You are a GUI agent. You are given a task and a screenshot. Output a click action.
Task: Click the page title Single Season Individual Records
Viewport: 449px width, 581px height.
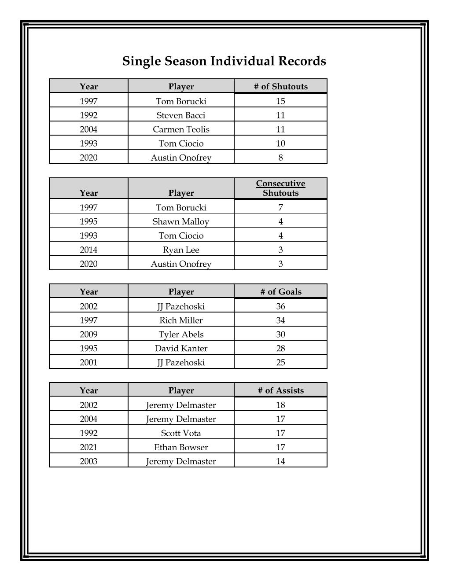(224, 61)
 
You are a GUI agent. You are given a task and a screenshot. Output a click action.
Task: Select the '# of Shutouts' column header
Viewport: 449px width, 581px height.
(280, 86)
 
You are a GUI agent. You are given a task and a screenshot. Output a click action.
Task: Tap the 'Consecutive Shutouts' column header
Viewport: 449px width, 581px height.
(280, 188)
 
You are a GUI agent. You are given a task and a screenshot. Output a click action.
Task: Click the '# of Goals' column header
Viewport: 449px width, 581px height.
(280, 291)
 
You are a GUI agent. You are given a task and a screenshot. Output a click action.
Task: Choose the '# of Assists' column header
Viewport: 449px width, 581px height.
(280, 390)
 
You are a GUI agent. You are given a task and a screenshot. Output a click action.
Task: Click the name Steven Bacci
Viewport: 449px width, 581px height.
(181, 115)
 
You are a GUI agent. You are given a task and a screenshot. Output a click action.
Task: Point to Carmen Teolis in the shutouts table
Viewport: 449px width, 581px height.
(181, 129)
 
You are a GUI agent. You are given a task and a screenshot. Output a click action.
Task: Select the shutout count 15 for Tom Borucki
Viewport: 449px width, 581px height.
(280, 101)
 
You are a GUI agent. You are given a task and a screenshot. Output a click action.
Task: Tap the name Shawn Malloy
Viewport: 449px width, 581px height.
(181, 221)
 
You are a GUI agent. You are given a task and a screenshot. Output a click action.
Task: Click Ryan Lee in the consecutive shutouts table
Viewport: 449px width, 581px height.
(181, 250)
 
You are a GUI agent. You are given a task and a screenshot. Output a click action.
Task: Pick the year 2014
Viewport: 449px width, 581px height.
(88, 250)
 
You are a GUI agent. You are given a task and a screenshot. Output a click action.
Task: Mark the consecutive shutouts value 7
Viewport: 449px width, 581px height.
(280, 207)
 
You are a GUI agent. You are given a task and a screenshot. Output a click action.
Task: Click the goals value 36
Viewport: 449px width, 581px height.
(280, 306)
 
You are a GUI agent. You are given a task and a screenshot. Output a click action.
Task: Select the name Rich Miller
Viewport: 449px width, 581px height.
(181, 320)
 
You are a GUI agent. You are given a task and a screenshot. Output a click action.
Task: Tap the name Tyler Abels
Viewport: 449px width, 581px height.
(181, 334)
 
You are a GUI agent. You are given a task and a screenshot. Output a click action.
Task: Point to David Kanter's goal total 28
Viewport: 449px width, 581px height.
(280, 348)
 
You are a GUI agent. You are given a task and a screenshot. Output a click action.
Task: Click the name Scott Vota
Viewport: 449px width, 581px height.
(181, 433)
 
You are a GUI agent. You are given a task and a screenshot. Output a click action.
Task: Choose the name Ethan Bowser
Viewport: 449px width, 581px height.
(181, 447)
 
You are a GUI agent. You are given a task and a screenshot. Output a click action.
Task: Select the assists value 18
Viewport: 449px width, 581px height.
(280, 405)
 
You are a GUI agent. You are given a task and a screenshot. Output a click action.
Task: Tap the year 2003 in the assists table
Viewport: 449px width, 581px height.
(88, 461)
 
